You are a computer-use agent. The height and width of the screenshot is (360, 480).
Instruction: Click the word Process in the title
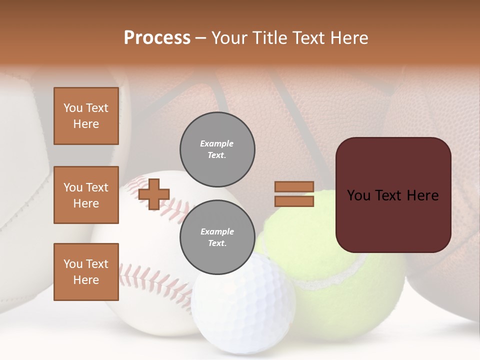coord(157,38)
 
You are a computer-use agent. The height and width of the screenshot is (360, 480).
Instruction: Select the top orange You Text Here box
coord(86,116)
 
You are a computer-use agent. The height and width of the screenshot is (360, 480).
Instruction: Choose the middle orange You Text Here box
coord(86,195)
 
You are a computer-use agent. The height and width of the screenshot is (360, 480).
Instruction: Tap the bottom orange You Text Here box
coord(86,272)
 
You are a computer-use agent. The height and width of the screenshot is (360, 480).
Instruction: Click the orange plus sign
coord(154,194)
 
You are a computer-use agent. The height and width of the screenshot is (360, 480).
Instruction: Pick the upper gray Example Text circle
coord(217,149)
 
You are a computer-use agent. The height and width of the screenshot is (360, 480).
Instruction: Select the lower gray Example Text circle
coord(217,237)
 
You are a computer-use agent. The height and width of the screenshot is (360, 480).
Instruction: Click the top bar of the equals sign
coord(294,186)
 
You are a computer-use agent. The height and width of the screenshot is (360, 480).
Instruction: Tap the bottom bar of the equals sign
coord(294,201)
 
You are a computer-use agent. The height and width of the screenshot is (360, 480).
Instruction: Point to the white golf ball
coord(240,305)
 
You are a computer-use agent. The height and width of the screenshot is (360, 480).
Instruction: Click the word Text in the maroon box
coord(392,195)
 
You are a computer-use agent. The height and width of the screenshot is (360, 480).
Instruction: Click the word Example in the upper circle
coord(217,143)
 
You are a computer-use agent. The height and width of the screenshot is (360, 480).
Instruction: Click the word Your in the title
coord(228,38)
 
